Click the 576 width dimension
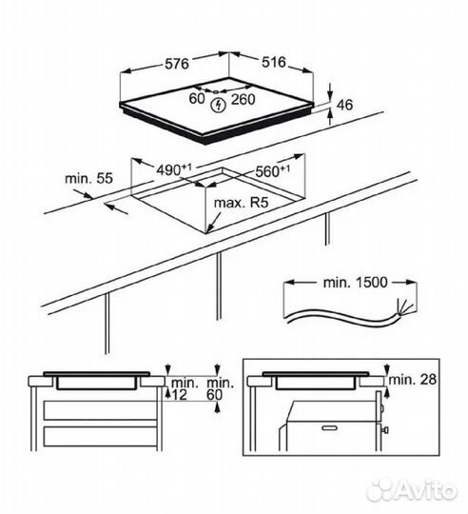coord(177,64)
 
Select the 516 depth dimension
coord(274,62)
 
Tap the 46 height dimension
coord(345,105)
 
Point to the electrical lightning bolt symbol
coord(218,105)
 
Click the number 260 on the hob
coord(243,99)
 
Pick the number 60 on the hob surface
coord(197,98)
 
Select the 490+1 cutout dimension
coord(173,169)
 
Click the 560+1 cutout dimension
coord(272,171)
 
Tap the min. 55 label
coord(88,179)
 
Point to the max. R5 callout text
coord(241,203)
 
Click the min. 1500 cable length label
coord(355,283)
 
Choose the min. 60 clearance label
coord(220,388)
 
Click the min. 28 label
coord(413,379)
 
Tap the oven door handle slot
coord(329,427)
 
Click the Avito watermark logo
coord(411,491)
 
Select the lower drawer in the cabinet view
coord(100,436)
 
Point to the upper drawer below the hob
coord(100,410)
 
